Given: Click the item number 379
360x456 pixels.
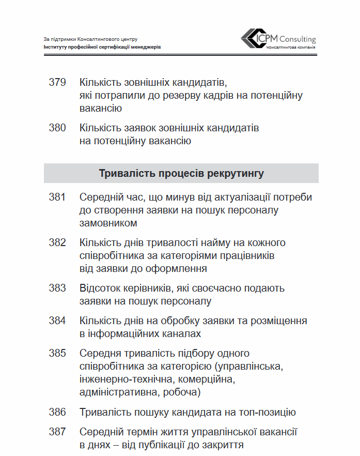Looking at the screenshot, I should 57,82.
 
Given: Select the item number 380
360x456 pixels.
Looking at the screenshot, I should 57,128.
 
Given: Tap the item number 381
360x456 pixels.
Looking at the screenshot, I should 57,197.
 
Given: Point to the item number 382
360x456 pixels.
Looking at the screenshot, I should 57,242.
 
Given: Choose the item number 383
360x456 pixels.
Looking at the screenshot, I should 57,288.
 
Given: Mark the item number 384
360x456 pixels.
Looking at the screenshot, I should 57,321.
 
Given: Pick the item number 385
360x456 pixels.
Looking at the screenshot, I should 57,353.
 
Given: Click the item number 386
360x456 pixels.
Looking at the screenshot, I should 57,412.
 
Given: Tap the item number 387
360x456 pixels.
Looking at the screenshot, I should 57,432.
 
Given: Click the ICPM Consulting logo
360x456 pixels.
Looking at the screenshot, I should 278,40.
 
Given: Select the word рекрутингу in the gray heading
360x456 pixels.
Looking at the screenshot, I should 236,173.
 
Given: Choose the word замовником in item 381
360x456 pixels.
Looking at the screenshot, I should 108,223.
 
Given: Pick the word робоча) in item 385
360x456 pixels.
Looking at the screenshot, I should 181,393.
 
